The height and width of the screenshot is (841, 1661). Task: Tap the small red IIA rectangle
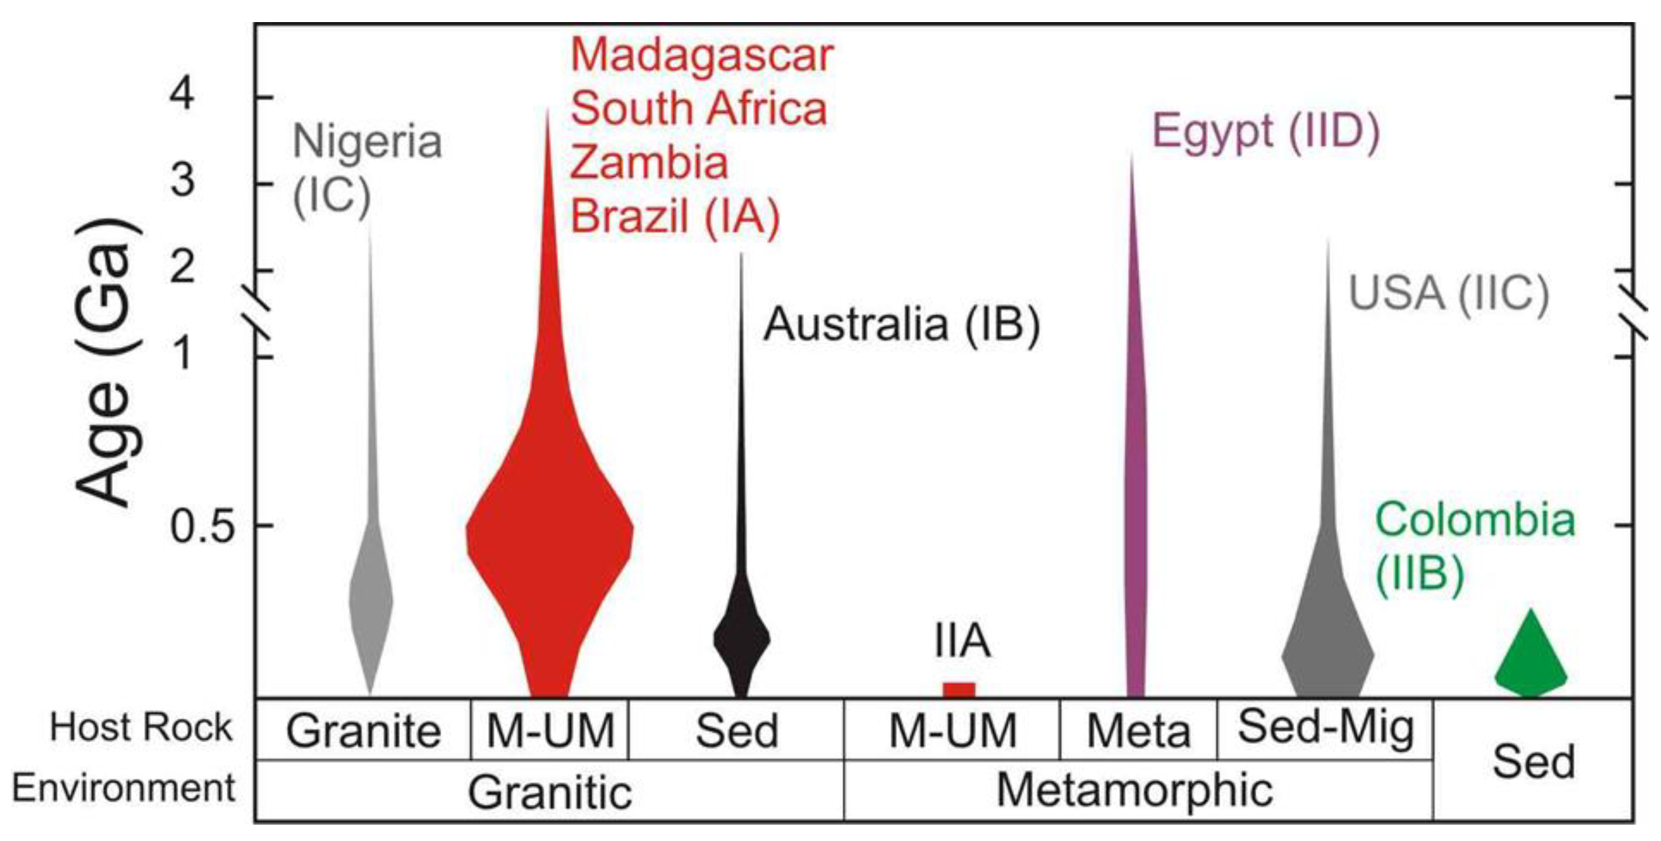959,690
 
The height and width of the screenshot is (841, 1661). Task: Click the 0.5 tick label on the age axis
200,526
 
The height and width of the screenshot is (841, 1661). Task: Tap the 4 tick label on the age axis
182,97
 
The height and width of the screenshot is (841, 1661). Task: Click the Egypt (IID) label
1265,132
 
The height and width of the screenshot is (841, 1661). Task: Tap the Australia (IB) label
901,324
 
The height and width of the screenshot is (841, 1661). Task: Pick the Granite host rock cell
364,731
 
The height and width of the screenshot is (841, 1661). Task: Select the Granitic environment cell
549,792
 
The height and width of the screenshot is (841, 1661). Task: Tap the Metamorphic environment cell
1135,790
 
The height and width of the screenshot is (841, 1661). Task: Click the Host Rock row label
141,727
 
